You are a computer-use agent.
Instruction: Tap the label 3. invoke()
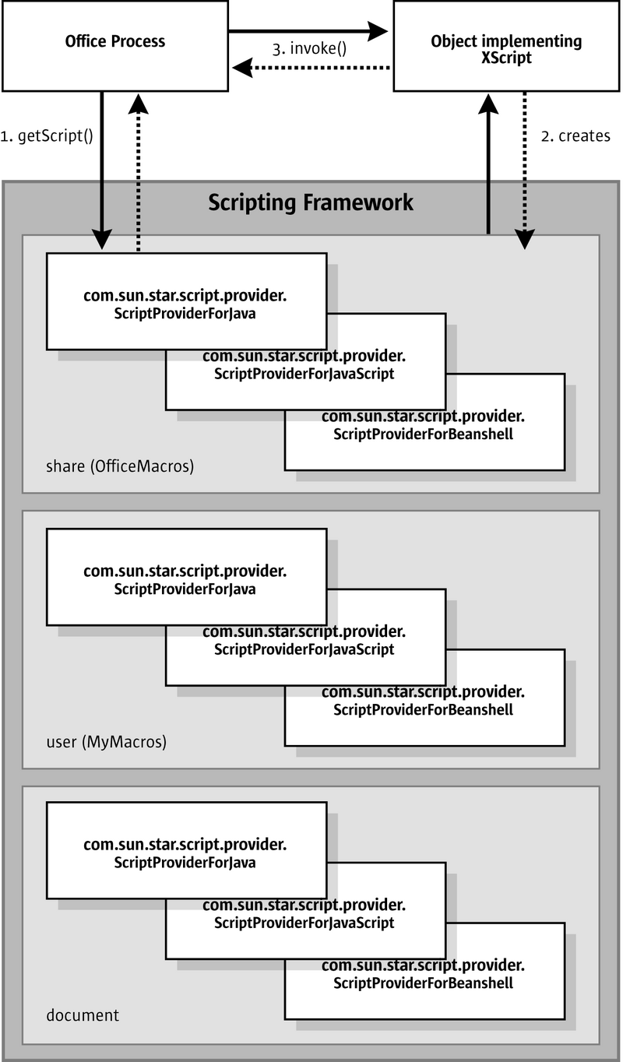pos(310,48)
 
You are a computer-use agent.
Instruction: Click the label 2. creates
pos(575,136)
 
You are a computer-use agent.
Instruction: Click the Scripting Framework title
pos(311,203)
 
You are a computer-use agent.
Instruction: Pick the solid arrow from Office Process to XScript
pos(308,31)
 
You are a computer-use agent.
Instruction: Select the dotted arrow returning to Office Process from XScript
pos(311,68)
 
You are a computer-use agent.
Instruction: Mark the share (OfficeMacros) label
pos(120,467)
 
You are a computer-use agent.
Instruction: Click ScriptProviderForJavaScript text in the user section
pos(304,649)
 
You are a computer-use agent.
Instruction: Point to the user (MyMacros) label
pos(107,742)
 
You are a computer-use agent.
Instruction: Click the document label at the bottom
pos(83,1015)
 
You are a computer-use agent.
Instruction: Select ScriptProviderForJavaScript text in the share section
pos(304,374)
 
